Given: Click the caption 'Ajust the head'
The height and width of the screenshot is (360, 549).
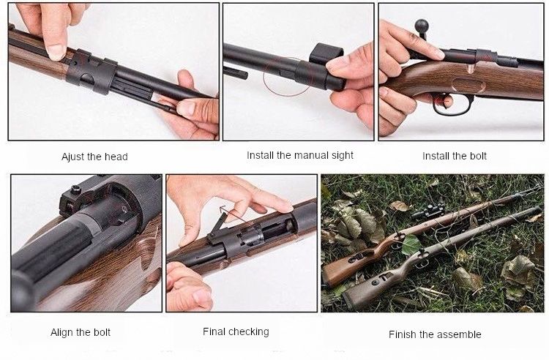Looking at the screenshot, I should click(x=95, y=157).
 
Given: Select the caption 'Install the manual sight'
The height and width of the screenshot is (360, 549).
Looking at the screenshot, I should click(x=300, y=155).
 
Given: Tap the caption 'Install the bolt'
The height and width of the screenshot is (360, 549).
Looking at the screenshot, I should click(x=455, y=156).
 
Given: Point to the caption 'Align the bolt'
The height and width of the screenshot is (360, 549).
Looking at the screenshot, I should click(x=81, y=332).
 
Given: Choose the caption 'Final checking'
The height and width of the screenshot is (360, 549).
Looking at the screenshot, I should click(x=236, y=331).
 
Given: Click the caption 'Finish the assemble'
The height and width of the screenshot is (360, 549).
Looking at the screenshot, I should click(x=435, y=334).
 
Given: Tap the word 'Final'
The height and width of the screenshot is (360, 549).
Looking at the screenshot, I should click(x=215, y=331).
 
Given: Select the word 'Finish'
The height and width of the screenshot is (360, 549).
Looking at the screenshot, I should click(x=403, y=334).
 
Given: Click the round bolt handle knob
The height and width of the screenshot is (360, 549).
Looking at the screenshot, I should click(x=422, y=26).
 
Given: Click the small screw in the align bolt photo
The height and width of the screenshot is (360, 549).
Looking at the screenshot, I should click(x=75, y=191).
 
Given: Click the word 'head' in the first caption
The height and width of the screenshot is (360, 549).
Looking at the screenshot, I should click(x=116, y=157).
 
